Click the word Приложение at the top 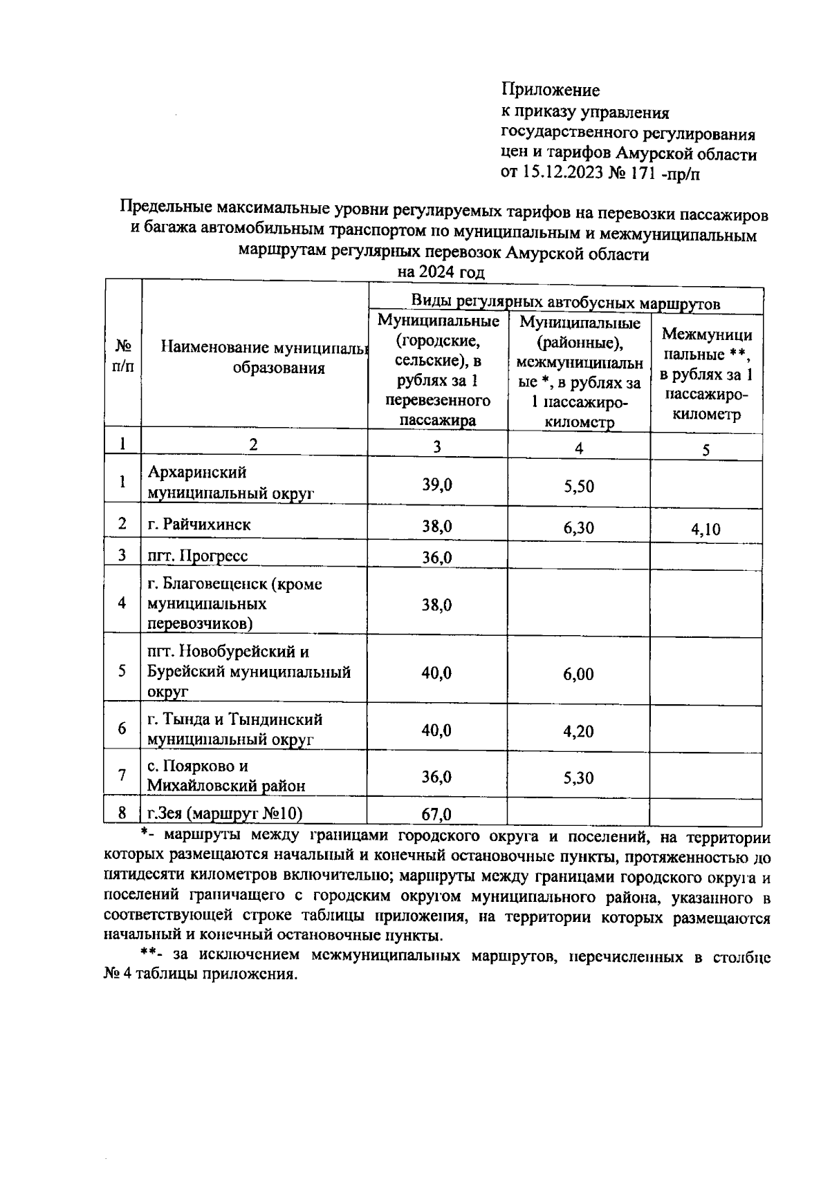(x=550, y=90)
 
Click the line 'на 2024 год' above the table (x=441, y=272)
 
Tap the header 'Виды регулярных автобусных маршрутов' (x=565, y=302)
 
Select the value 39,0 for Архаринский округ (x=437, y=484)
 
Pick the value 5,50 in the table (x=578, y=486)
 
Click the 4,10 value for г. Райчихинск (x=705, y=529)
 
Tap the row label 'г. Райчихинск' (x=199, y=525)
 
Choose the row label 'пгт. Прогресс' (x=198, y=556)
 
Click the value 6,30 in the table (x=578, y=528)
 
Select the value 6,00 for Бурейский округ (x=578, y=675)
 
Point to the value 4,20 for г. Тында (x=578, y=731)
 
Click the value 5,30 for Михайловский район (x=578, y=778)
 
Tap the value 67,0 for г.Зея (x=436, y=814)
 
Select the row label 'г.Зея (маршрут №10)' (x=225, y=813)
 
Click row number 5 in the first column (x=122, y=670)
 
